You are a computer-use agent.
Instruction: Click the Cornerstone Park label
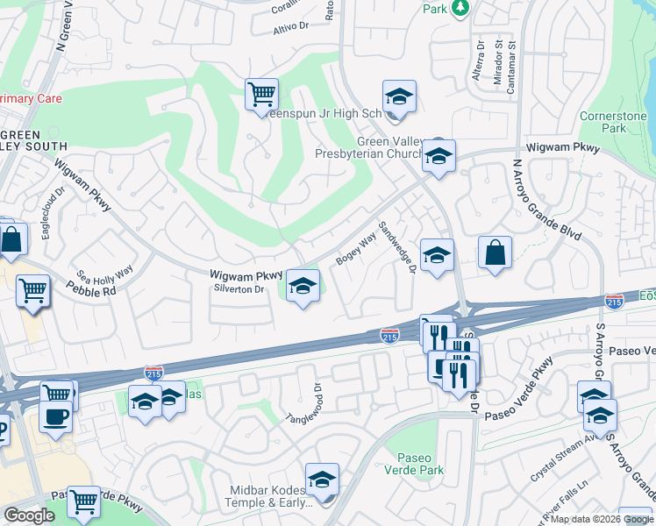pyautogui.click(x=615, y=122)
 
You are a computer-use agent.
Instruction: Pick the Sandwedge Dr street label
pyautogui.click(x=396, y=246)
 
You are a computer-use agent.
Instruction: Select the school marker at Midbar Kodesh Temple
pyautogui.click(x=322, y=479)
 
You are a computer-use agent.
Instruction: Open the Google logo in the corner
pyautogui.click(x=30, y=515)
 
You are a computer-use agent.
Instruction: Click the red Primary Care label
pyautogui.click(x=31, y=98)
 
